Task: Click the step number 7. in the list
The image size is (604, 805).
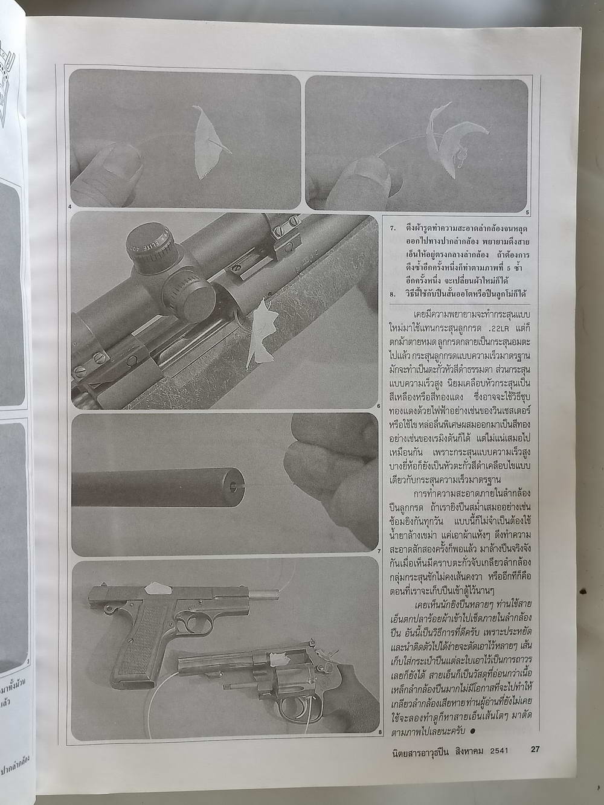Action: click(393, 229)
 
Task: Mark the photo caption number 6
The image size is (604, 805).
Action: click(378, 406)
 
